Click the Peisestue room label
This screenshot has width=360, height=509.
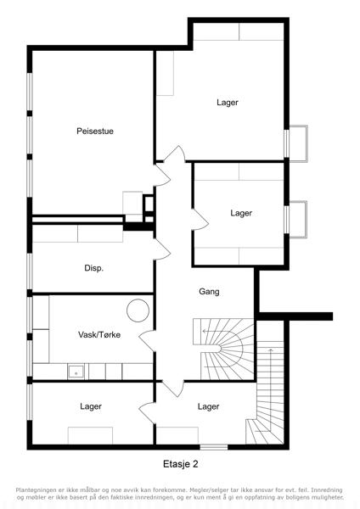point(95,131)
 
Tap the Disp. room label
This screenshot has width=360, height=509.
point(94,268)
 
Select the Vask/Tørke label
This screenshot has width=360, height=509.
point(99,335)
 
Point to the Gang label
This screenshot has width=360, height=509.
point(209,292)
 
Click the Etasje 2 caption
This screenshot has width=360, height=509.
point(180,464)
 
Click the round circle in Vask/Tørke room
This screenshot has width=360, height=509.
point(138,310)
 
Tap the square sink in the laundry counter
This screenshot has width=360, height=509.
point(76,372)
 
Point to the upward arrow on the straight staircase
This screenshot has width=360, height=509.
point(270,389)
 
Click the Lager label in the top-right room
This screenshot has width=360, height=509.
point(228,103)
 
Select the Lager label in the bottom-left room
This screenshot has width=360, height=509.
point(91,406)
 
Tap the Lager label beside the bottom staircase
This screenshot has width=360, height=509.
point(208,406)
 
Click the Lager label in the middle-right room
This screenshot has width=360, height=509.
point(241,213)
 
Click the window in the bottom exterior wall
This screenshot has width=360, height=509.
point(213,447)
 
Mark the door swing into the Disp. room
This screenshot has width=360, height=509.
point(162,249)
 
